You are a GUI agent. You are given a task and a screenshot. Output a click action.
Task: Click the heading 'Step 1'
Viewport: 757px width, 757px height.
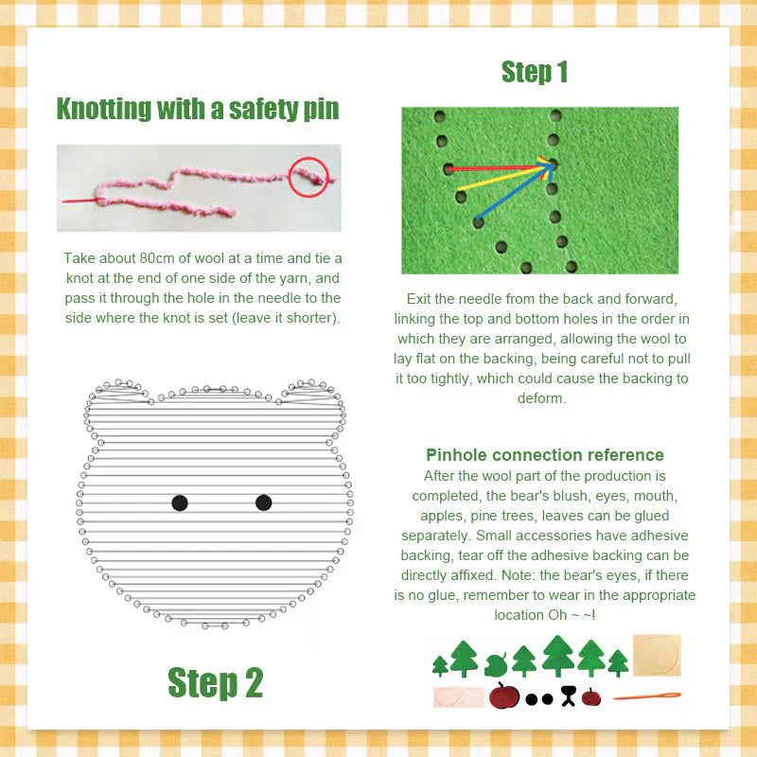tap(535, 72)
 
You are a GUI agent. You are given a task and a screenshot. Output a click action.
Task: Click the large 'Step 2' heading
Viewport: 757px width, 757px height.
tap(215, 681)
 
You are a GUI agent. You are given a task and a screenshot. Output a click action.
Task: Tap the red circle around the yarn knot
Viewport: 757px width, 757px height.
tap(308, 176)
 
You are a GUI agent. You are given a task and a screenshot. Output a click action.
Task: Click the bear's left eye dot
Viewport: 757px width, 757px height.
tap(180, 502)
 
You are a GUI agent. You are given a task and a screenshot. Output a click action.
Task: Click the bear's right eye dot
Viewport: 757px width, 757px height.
tap(264, 502)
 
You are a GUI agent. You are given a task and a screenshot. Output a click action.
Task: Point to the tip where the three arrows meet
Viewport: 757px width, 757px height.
tap(551, 165)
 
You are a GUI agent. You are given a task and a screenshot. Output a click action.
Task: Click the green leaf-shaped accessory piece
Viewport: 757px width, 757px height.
tap(496, 663)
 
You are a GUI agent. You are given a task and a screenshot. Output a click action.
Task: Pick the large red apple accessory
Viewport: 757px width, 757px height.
tap(504, 696)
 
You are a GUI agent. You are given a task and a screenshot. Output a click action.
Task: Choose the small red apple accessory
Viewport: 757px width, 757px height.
tap(591, 697)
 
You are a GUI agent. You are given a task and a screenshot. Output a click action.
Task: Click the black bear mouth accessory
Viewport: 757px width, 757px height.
tap(568, 696)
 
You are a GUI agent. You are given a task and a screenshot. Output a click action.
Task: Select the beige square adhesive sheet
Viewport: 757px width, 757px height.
tap(656, 655)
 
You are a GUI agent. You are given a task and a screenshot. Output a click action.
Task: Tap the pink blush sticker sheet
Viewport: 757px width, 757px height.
tap(459, 697)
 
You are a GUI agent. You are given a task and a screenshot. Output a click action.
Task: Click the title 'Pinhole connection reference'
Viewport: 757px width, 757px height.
tap(544, 455)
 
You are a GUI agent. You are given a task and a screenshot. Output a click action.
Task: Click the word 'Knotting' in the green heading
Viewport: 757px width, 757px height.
tap(102, 109)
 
